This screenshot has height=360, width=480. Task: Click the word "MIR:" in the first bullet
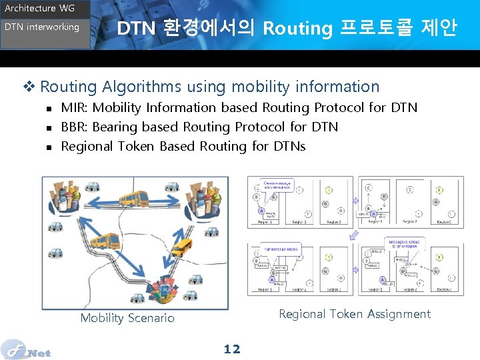[73, 107]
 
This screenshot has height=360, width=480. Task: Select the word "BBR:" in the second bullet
[73, 127]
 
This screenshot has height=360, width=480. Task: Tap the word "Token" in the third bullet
[136, 146]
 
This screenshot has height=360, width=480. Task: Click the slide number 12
[232, 349]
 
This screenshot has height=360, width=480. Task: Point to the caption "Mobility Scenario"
[127, 318]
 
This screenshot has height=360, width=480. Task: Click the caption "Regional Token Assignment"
[355, 314]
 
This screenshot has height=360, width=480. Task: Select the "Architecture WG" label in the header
[40, 9]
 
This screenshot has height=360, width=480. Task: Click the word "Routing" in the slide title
[297, 29]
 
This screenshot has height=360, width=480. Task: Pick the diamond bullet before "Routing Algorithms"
[29, 87]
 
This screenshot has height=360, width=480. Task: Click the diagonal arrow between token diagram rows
[354, 234]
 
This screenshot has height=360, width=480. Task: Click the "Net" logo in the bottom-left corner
[27, 349]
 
